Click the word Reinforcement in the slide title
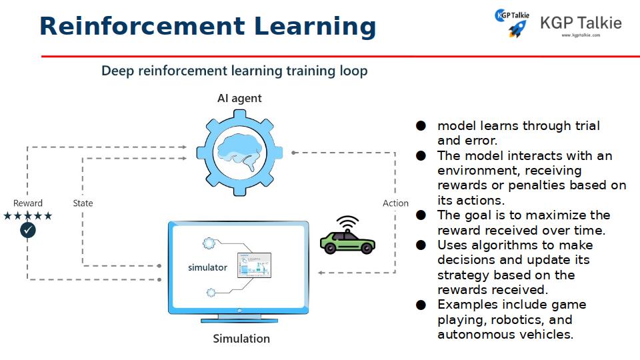click(x=142, y=26)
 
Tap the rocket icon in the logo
click(x=517, y=29)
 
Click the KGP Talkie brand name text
click(x=581, y=23)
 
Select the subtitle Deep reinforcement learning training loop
click(x=234, y=71)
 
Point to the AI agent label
click(x=239, y=99)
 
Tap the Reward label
click(x=28, y=203)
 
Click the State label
click(x=83, y=203)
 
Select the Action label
click(x=395, y=203)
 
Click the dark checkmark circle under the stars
click(x=28, y=230)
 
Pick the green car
click(x=347, y=243)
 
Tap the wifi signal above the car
click(x=347, y=223)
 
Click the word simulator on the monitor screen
click(x=207, y=268)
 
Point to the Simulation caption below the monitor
click(x=241, y=339)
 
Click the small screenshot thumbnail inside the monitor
click(x=254, y=265)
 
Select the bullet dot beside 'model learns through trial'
click(x=421, y=126)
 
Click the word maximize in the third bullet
click(x=563, y=215)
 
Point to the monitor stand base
click(x=239, y=321)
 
